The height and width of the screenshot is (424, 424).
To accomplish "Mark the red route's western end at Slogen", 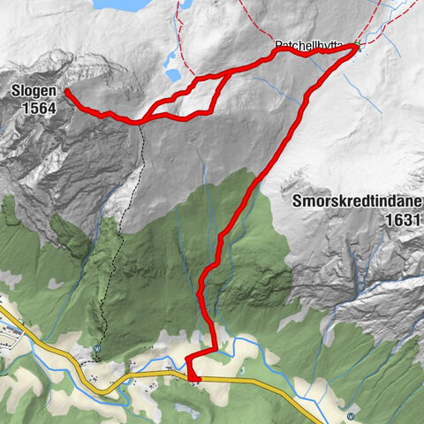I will click(67, 91).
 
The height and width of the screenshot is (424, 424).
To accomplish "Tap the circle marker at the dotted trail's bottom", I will click(96, 347).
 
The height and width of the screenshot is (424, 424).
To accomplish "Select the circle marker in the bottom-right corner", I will click(352, 415).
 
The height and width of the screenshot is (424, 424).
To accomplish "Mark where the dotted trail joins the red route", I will click(140, 121).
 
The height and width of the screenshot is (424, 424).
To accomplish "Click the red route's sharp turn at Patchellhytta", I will click(357, 49).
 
